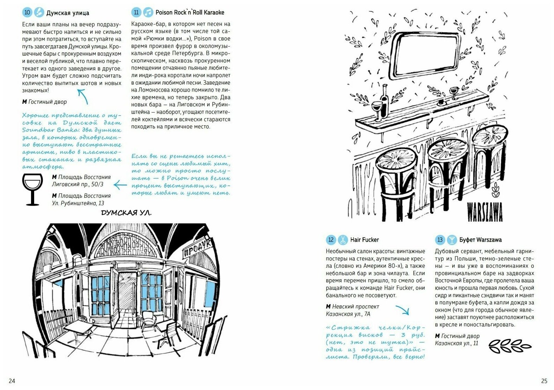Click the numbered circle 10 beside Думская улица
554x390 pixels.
[x=27, y=13]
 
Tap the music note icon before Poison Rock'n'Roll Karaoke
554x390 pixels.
[x=148, y=13]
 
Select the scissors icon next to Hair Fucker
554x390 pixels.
[x=343, y=240]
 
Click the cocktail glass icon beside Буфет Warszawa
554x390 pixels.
[x=452, y=240]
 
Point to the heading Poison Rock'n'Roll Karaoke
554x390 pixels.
[x=190, y=13]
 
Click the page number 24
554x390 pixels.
[x=12, y=381]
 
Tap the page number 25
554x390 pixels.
[x=544, y=381]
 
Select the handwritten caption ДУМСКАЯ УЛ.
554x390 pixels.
[x=126, y=213]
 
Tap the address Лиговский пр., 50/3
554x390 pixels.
[x=78, y=184]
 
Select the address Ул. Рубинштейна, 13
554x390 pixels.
[x=78, y=203]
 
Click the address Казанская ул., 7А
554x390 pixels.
[x=348, y=314]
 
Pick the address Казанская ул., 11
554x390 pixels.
[x=456, y=343]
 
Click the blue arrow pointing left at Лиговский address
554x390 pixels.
[x=121, y=185]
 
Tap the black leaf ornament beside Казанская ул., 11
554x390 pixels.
[x=509, y=345]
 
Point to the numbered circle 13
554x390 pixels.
[x=440, y=240]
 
